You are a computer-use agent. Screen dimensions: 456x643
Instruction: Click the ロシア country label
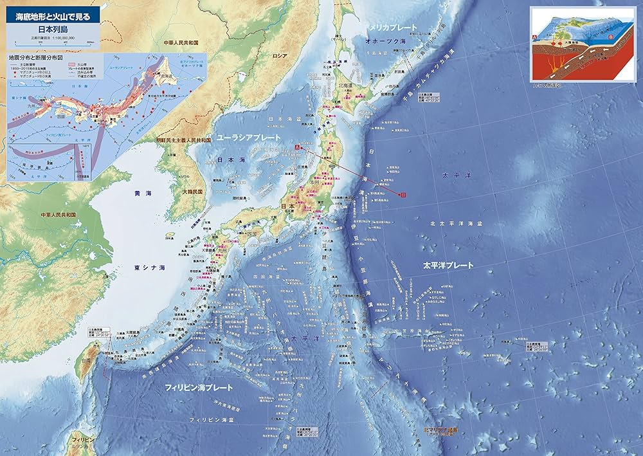tap(280, 56)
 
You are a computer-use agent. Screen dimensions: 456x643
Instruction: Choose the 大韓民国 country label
tap(192, 192)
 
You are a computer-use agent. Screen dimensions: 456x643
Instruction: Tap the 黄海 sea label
tap(143, 192)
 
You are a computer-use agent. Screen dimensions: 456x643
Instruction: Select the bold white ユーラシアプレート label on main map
tap(248, 138)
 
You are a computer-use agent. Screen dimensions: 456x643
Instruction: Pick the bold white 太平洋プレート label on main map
tap(448, 265)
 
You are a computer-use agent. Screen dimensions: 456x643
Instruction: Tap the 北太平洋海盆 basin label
tap(456, 223)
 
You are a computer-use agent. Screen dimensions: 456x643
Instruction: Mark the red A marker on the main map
tap(296, 147)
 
